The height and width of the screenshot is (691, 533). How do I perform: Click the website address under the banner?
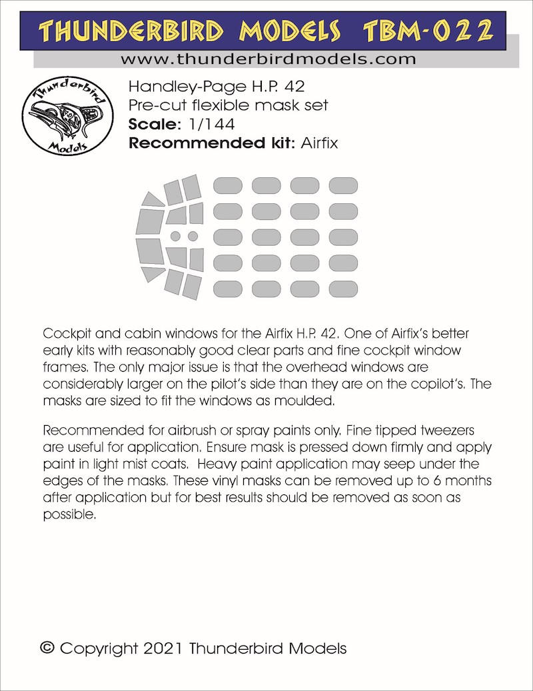(268, 59)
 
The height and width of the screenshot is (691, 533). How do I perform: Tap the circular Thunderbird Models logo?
(63, 119)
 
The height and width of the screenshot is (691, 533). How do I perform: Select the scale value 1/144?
(200, 125)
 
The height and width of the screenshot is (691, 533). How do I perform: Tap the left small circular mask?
(175, 236)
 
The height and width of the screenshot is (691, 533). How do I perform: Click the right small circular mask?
(193, 236)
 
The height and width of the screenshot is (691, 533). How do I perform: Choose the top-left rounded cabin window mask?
(227, 185)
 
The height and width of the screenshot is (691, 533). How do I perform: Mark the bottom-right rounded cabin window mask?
(343, 288)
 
